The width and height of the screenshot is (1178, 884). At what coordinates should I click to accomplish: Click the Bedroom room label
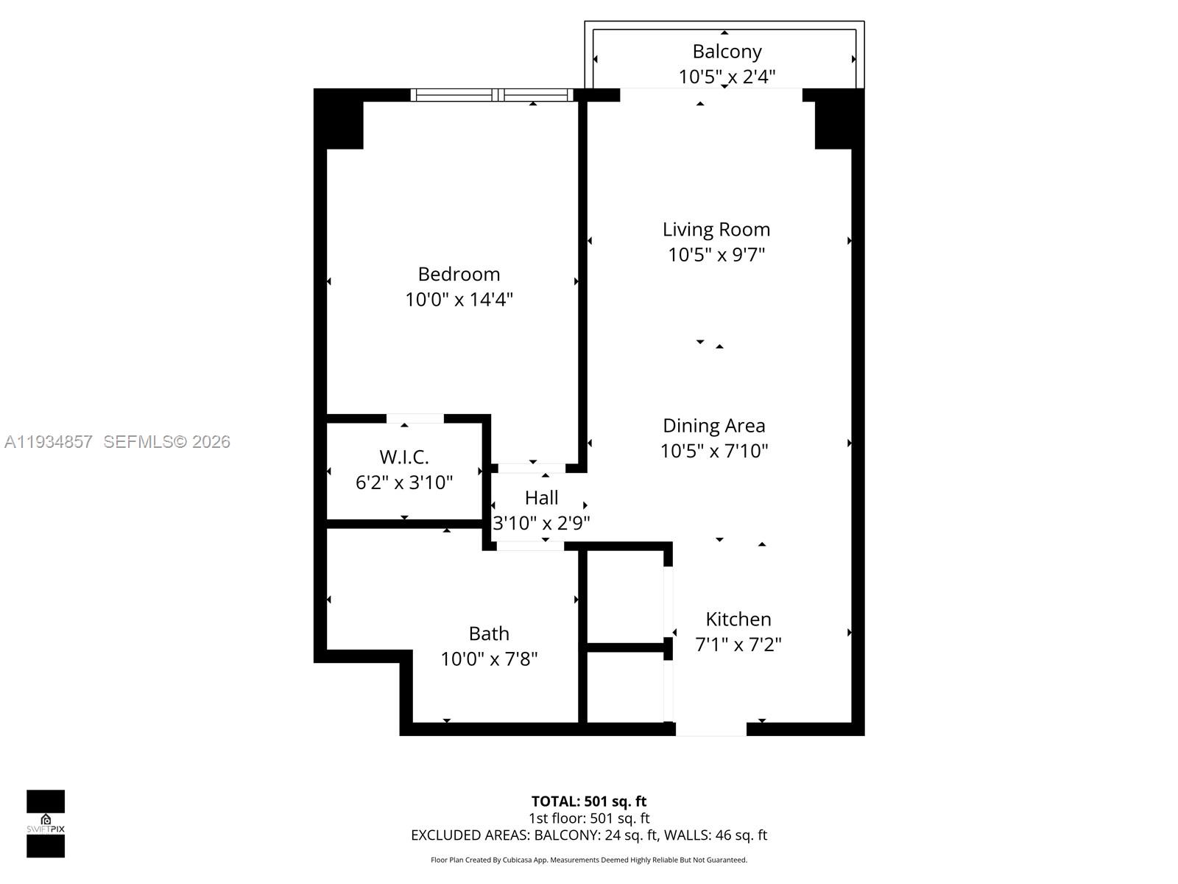[x=459, y=274]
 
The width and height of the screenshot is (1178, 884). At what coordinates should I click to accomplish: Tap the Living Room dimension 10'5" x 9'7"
[x=716, y=255]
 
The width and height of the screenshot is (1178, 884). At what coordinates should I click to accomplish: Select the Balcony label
[x=727, y=52]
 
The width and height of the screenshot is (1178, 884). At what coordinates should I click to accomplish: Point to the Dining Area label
[x=713, y=426]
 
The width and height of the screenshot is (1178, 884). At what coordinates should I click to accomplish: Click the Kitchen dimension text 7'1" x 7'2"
[x=738, y=645]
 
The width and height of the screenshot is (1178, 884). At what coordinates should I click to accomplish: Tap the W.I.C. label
[x=403, y=457]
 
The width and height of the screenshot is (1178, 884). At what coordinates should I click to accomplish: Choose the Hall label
[x=541, y=498]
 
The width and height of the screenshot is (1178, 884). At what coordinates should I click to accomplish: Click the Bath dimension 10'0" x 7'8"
[x=489, y=659]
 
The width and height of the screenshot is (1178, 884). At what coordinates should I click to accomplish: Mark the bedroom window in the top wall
[x=492, y=94]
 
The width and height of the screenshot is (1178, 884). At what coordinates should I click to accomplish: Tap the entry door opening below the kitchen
[x=710, y=729]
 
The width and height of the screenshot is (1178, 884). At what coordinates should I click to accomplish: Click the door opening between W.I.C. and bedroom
[x=415, y=418]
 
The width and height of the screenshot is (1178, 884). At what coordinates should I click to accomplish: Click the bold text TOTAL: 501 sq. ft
[x=588, y=801]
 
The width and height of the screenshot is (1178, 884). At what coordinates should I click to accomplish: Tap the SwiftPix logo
[x=46, y=824]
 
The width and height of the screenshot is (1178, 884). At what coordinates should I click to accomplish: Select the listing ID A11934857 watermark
[x=49, y=442]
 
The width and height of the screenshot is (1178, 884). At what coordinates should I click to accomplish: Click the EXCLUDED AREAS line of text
[x=588, y=835]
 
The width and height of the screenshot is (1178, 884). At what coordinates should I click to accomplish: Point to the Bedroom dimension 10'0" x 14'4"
[x=459, y=300]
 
